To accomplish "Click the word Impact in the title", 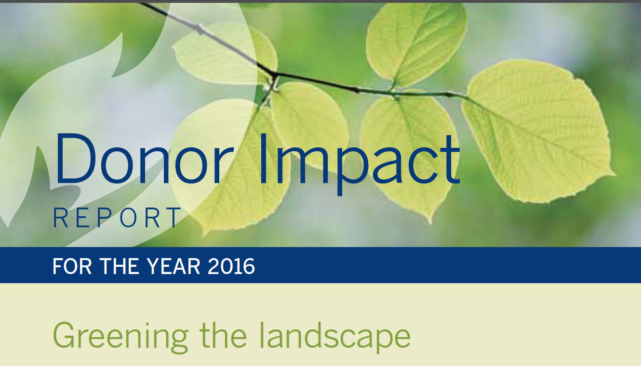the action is tap(360, 163).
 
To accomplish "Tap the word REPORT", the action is tap(117, 218).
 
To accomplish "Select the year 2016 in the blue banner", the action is tap(231, 266).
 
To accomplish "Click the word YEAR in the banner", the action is tap(174, 266).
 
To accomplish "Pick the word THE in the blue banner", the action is tap(120, 266).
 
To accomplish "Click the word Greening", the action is tap(120, 337).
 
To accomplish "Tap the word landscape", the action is tap(334, 336).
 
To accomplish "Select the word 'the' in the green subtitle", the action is tap(223, 334).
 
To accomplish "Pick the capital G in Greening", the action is tap(66, 335).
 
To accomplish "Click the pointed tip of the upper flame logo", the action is tap(122, 32).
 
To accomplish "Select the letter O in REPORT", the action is tap(128, 218).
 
